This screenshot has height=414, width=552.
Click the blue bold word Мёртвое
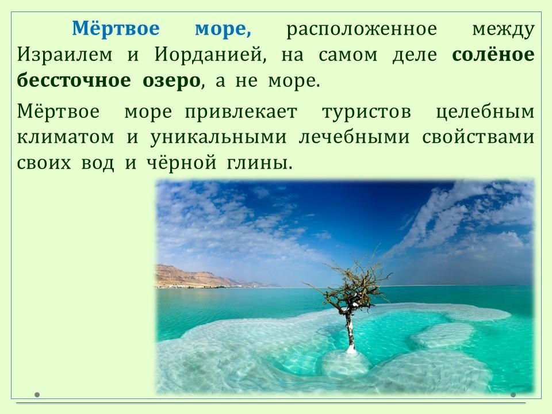tap(116, 28)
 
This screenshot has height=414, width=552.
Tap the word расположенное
tap(362, 29)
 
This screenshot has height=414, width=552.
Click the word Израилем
tap(65, 55)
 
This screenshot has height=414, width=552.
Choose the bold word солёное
tap(493, 55)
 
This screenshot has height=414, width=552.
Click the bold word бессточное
tap(74, 80)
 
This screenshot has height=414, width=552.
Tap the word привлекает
tap(241, 113)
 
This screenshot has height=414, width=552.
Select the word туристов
tap(366, 113)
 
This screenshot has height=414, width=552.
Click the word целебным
tap(485, 112)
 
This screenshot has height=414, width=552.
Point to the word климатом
tap(66, 137)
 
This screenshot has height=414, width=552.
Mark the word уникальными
tap(218, 138)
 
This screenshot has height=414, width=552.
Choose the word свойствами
tap(478, 137)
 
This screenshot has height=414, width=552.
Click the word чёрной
tap(181, 163)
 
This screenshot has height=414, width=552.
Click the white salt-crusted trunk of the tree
tap(350, 331)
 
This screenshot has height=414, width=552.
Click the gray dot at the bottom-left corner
tap(37, 394)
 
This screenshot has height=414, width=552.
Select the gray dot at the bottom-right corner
tap(513, 394)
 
